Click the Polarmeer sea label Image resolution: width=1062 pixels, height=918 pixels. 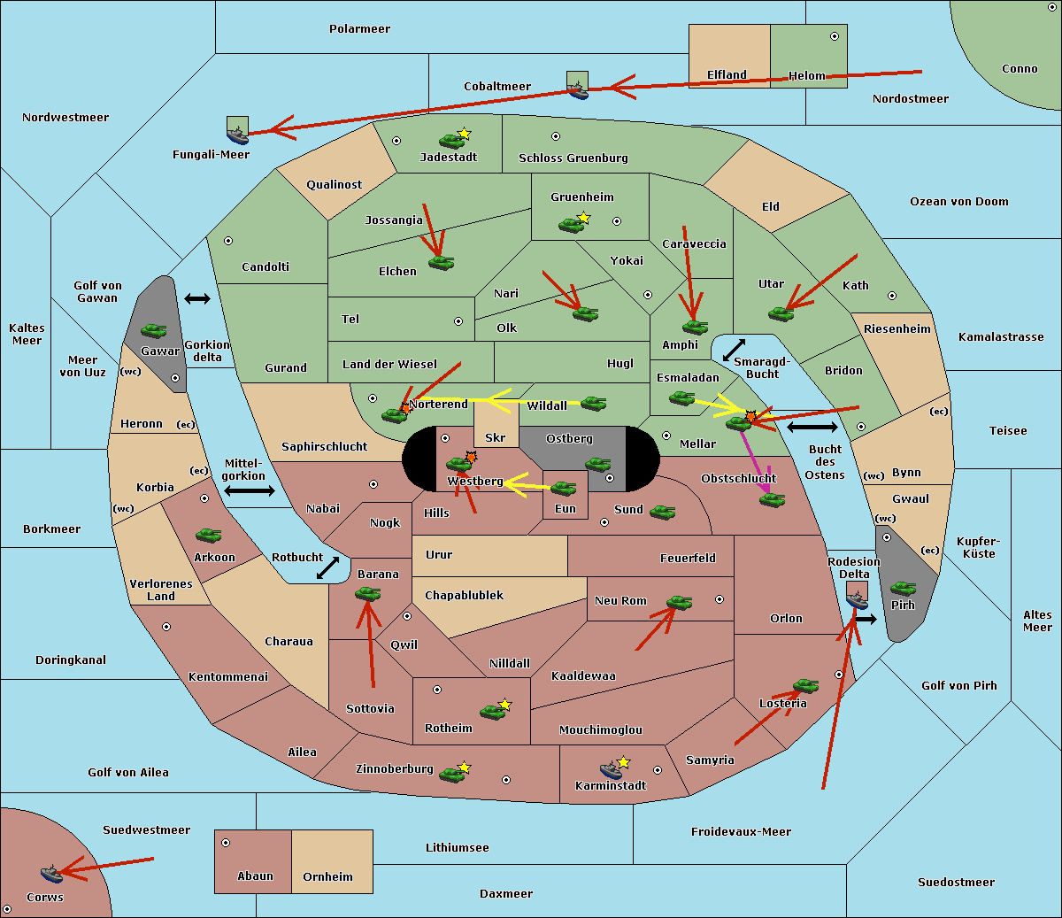[x=359, y=29]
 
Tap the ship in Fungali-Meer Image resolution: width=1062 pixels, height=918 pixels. [x=237, y=135]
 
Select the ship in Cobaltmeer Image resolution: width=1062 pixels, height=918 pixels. [x=577, y=89]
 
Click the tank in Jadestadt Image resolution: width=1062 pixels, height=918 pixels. [x=451, y=141]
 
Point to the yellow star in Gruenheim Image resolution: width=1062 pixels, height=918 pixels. [x=583, y=217]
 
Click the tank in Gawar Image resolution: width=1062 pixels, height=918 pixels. [x=154, y=331]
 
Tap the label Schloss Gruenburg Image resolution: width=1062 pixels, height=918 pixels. [x=573, y=158]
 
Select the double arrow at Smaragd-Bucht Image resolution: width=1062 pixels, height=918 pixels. [x=735, y=350]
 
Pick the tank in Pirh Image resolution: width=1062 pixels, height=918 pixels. [x=903, y=589]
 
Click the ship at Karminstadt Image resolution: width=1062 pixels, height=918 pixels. [x=611, y=770]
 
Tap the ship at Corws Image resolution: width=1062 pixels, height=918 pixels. [x=51, y=875]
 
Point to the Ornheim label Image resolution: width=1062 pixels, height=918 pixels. [x=327, y=877]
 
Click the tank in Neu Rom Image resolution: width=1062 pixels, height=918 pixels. [x=679, y=603]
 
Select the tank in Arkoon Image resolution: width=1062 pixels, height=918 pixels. [x=208, y=536]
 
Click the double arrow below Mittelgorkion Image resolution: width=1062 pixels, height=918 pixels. [x=250, y=491]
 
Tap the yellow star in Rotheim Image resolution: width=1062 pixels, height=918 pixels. [x=505, y=705]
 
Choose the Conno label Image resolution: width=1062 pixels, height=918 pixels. [x=1020, y=69]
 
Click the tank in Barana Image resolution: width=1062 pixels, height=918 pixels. [x=367, y=595]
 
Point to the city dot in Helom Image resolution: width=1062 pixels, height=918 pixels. [x=834, y=36]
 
